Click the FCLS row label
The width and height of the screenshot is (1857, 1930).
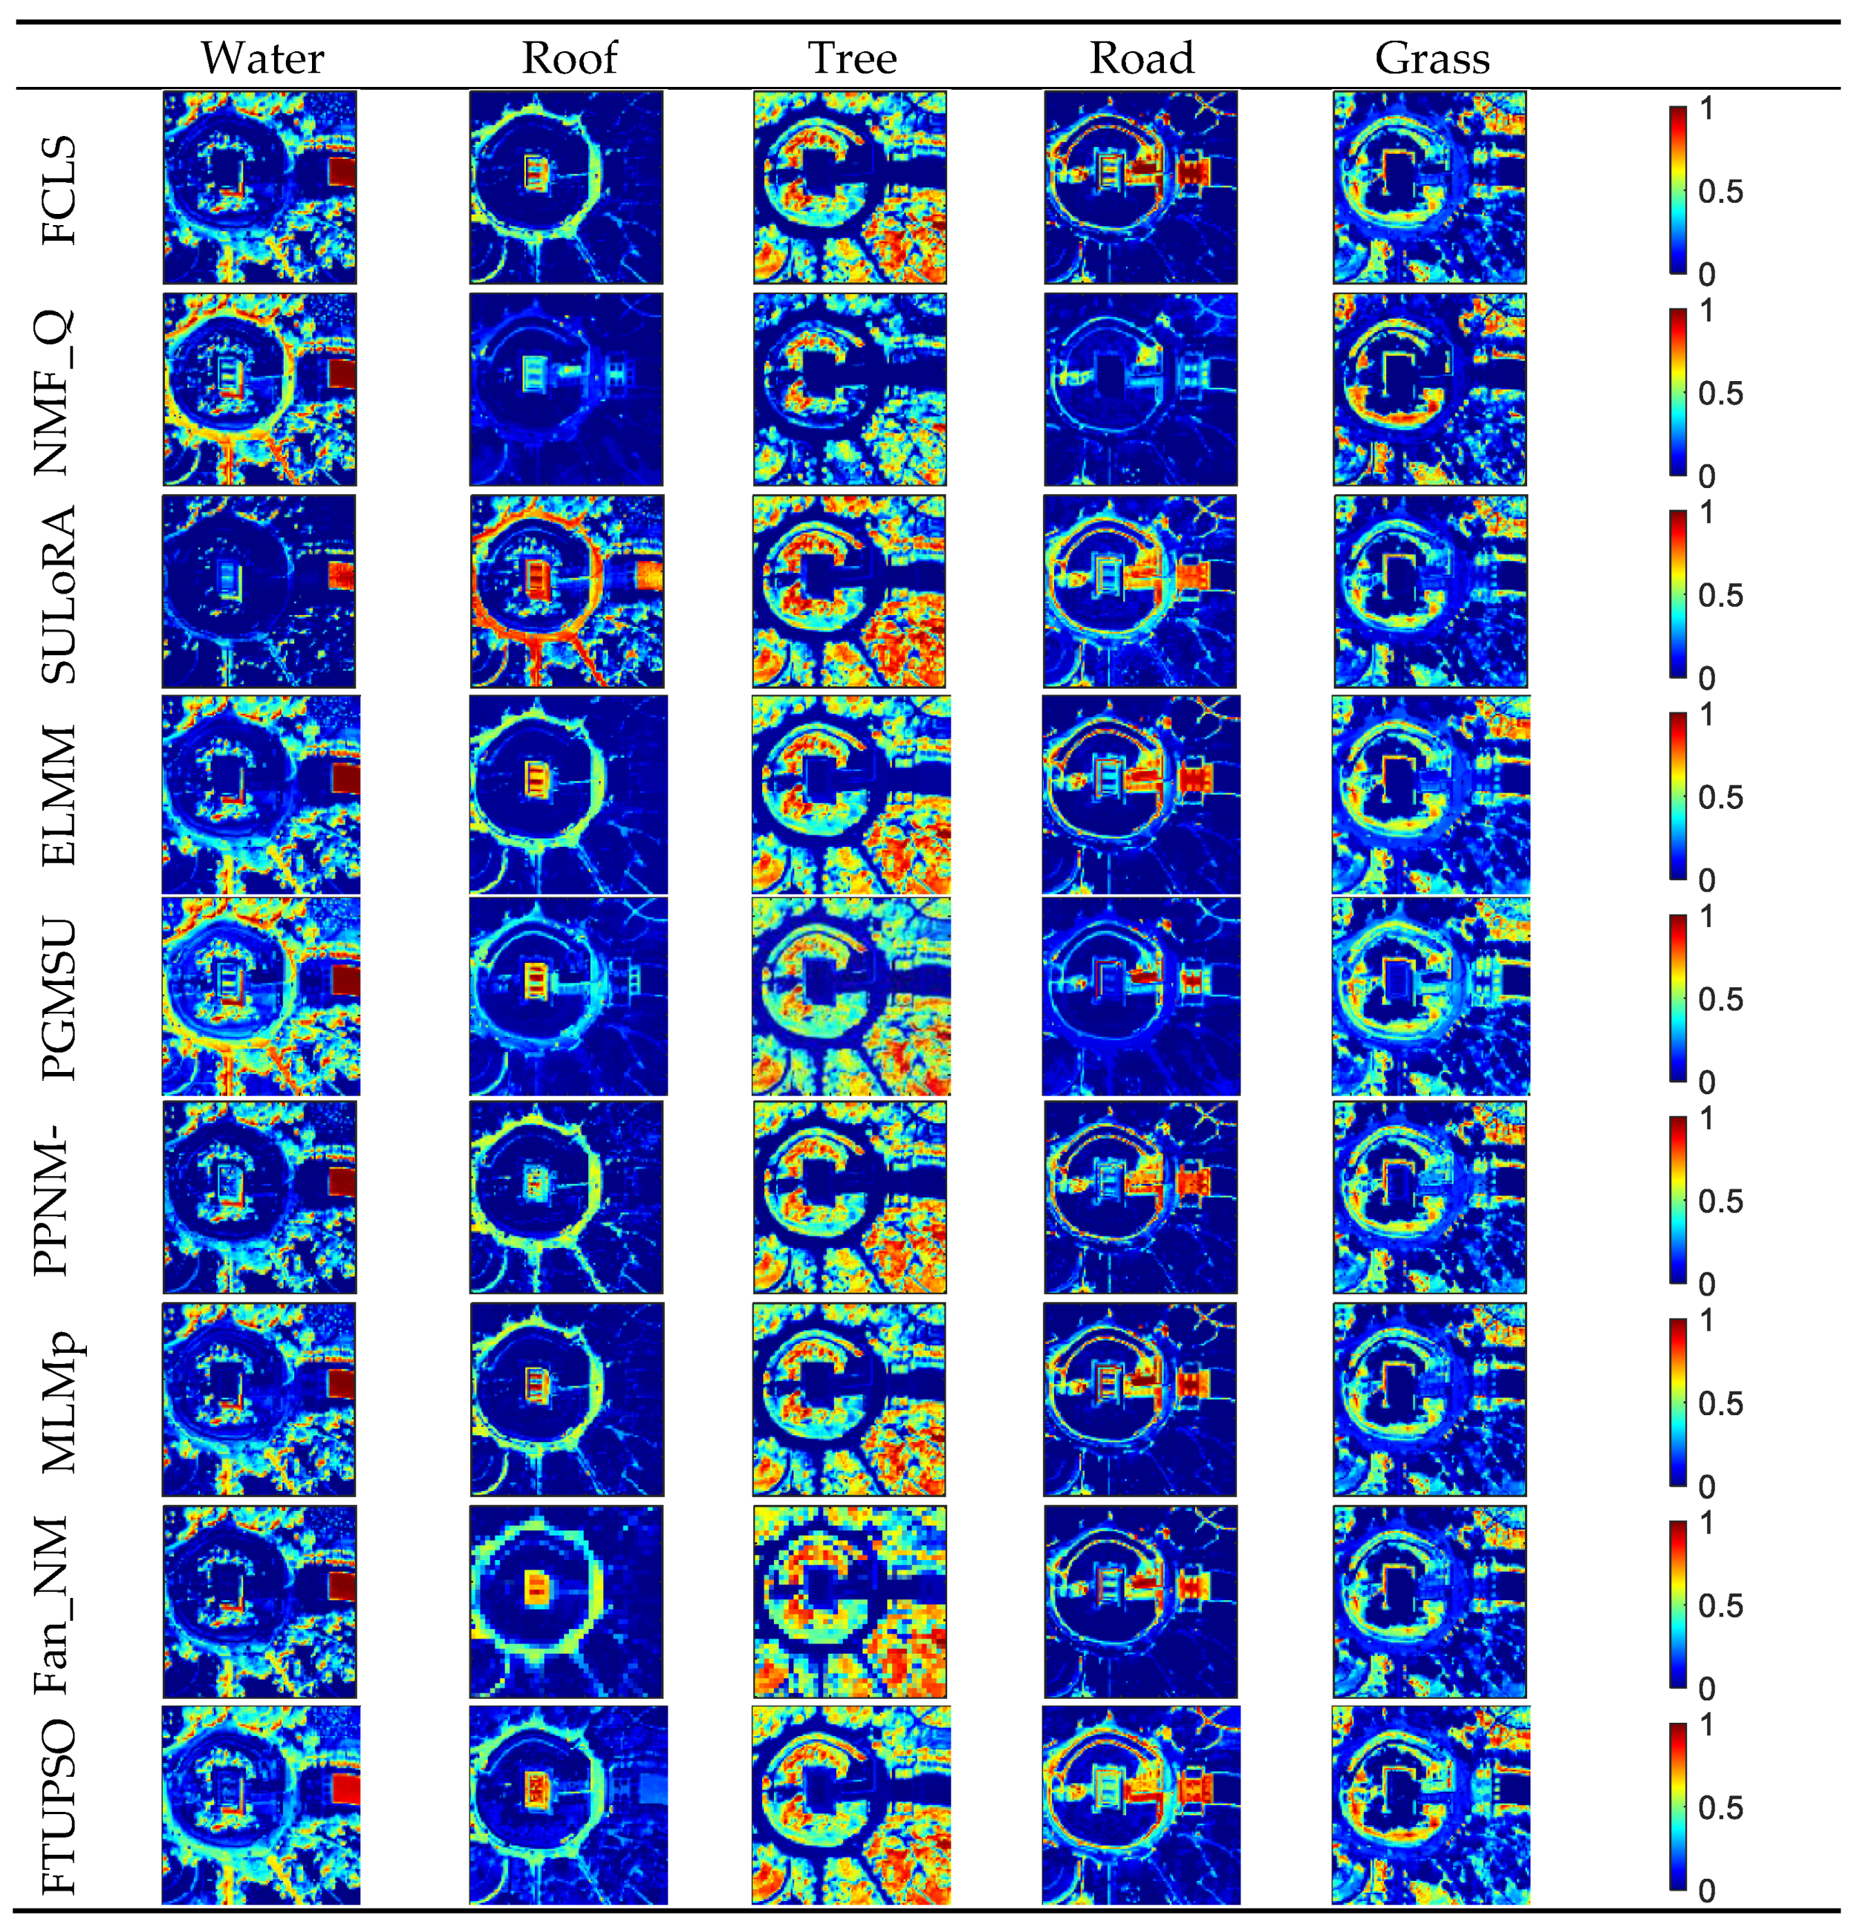tap(58, 190)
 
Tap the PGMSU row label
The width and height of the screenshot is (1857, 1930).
tap(58, 998)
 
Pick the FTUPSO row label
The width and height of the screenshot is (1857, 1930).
tap(58, 1807)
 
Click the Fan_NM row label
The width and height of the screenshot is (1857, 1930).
tap(54, 1604)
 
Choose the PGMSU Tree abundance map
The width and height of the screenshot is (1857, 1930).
tap(851, 995)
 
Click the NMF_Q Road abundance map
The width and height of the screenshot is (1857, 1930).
tap(1140, 389)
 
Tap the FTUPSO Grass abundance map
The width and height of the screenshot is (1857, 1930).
tap(1431, 1805)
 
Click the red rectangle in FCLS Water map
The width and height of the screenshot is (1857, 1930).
tap(341, 172)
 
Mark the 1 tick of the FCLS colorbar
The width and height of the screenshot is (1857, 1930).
tap(1706, 108)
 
